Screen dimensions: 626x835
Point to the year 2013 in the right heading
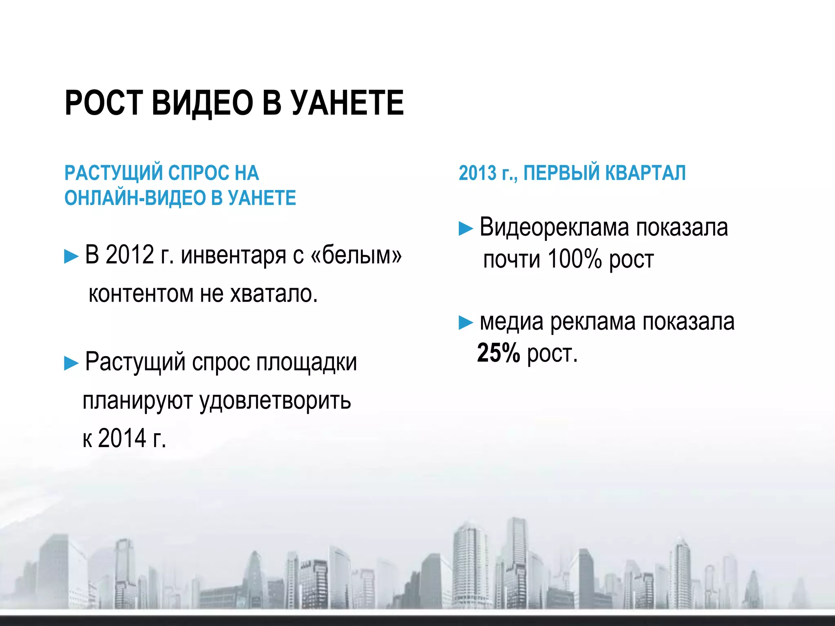[x=477, y=173]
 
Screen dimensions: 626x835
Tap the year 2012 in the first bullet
[x=130, y=255]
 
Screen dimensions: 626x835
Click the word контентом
[x=141, y=293]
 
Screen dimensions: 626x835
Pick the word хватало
[x=274, y=293]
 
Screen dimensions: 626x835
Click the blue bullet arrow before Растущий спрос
[x=71, y=363]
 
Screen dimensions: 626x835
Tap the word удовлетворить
[x=275, y=401]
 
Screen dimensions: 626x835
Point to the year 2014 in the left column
[x=122, y=439]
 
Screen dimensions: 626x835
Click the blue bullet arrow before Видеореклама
[x=466, y=229]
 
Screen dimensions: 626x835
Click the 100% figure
[x=574, y=259]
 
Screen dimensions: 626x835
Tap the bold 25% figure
[x=498, y=353]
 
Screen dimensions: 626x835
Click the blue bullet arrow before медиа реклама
[x=466, y=323]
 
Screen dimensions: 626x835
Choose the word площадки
[x=306, y=362]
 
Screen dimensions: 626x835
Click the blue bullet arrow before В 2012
[x=71, y=257]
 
